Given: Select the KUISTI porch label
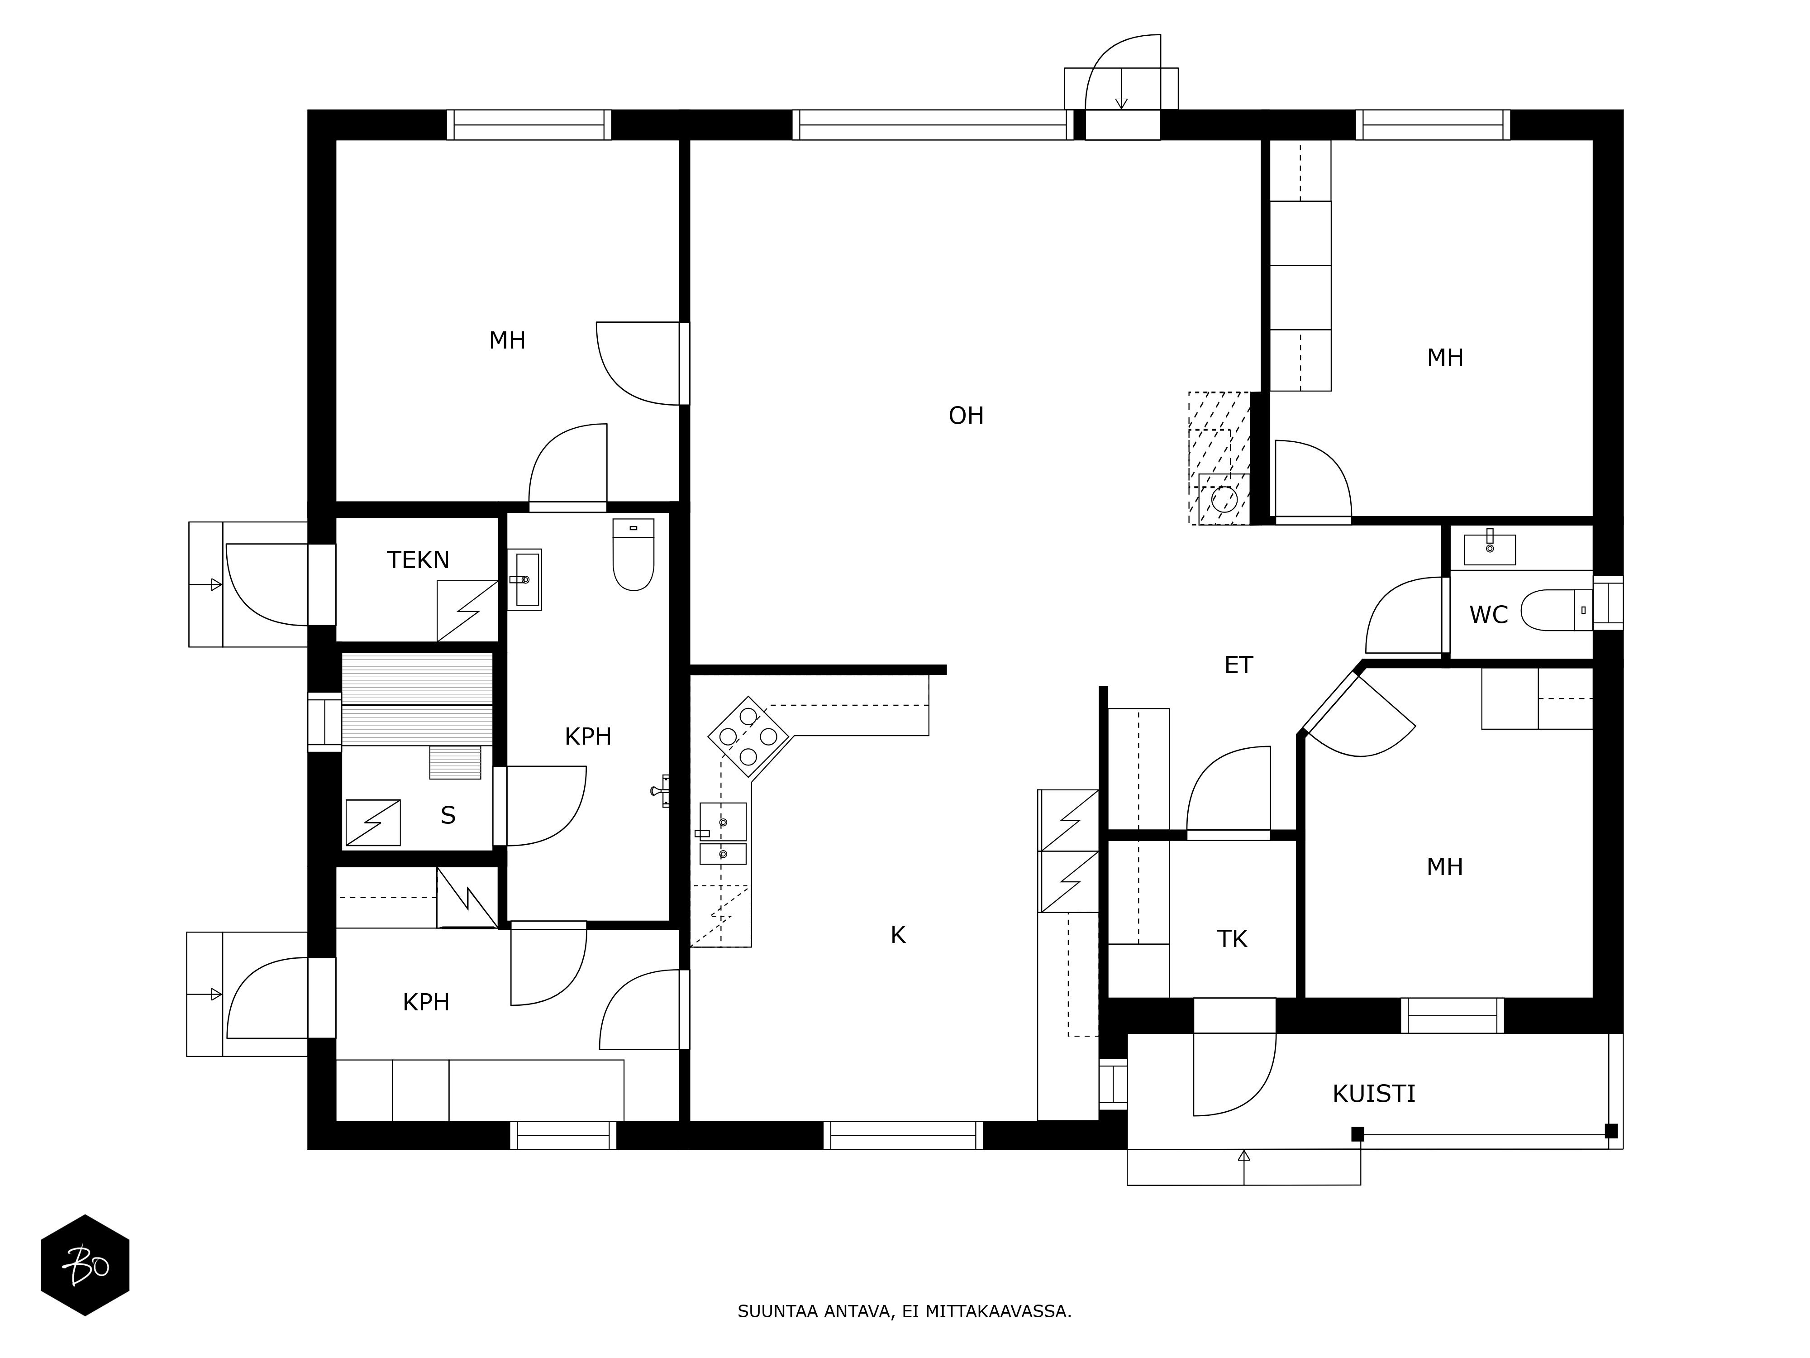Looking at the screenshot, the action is pyautogui.click(x=1374, y=1094).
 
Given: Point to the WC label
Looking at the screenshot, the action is pyautogui.click(x=1488, y=615).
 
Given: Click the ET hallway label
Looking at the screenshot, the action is pyautogui.click(x=1238, y=665).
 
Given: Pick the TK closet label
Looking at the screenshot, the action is pyautogui.click(x=1232, y=939).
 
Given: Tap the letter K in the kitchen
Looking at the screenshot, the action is pyautogui.click(x=898, y=935).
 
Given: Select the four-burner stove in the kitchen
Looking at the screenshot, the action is pyautogui.click(x=748, y=736).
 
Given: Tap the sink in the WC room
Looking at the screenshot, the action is pyautogui.click(x=1489, y=549).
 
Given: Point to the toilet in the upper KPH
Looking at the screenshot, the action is pyautogui.click(x=633, y=554).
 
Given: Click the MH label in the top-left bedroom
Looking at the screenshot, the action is pyautogui.click(x=507, y=340).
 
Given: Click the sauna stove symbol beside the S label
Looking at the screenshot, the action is pyautogui.click(x=373, y=822).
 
